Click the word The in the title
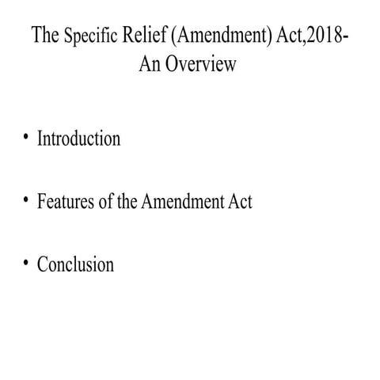[44, 37]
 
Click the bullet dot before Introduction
[26, 138]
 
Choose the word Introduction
[78, 139]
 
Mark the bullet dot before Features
[26, 200]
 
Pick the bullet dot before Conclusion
[26, 263]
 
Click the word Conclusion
[75, 264]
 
